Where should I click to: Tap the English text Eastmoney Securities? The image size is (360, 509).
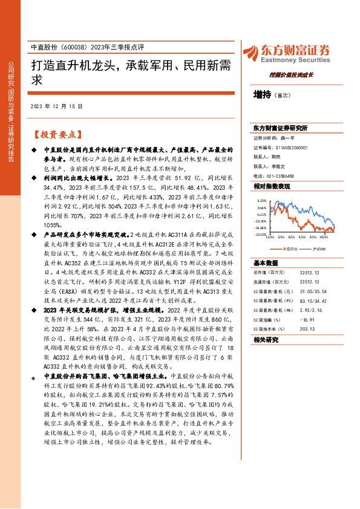click(292, 60)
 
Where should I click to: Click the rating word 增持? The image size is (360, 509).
click(263, 94)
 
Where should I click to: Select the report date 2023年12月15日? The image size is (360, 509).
click(56, 106)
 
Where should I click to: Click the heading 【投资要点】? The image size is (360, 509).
click(54, 134)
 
